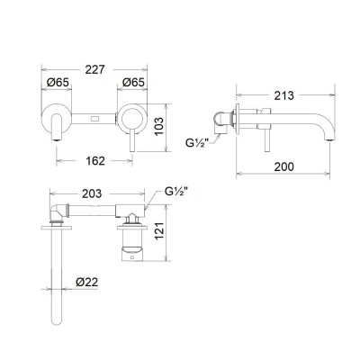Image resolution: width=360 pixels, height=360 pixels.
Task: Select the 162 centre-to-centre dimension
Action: [94, 161]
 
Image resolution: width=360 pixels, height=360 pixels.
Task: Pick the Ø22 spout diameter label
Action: [87, 282]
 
